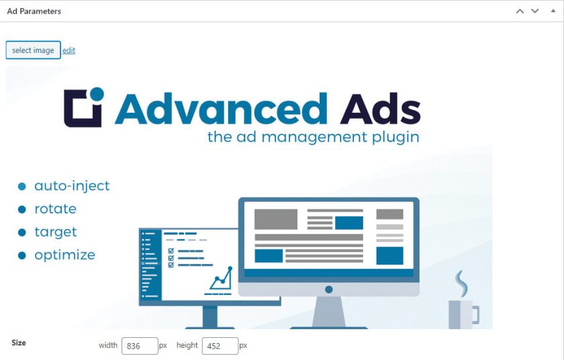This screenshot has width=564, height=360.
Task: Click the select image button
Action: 33,50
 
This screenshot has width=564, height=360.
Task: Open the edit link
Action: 68,50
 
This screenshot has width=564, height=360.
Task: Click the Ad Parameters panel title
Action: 34,11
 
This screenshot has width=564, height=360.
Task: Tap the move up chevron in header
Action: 520,11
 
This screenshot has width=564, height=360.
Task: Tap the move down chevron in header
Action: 535,11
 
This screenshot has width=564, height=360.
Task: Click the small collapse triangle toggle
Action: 553,11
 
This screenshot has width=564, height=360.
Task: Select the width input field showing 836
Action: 140,346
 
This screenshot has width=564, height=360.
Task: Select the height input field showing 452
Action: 220,346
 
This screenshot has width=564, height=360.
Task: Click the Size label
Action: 19,343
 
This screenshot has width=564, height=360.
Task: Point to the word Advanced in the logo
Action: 221,109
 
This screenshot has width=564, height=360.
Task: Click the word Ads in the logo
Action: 380,109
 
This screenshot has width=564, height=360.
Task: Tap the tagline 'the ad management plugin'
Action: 314,137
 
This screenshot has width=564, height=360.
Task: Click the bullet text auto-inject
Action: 72,185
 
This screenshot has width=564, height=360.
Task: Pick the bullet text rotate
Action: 55,209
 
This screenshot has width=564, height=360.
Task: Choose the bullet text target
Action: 56,232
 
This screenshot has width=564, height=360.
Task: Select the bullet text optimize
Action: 64,255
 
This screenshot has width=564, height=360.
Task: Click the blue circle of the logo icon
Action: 97,94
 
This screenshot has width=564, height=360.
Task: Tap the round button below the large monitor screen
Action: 329,289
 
